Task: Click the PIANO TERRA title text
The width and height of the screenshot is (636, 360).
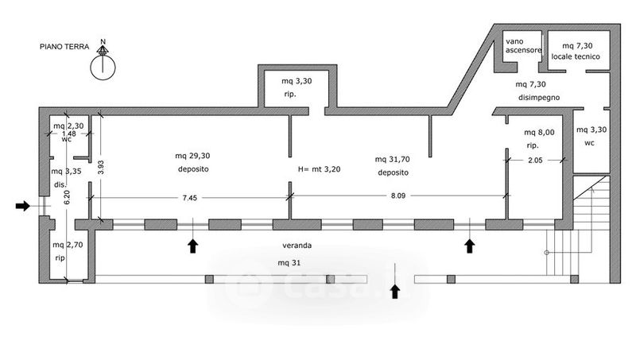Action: click(x=64, y=47)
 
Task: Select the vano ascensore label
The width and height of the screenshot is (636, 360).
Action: click(x=523, y=46)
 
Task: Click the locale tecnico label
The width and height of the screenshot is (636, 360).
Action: click(x=576, y=56)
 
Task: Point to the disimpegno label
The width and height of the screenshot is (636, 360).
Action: click(x=539, y=98)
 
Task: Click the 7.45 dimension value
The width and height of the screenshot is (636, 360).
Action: click(x=190, y=198)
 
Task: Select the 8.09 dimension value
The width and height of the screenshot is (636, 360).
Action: click(x=398, y=195)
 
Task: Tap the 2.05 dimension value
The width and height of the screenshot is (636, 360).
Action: click(x=535, y=161)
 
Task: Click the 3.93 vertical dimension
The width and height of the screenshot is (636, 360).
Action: click(x=101, y=167)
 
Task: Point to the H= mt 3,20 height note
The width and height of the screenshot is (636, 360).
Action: click(x=320, y=169)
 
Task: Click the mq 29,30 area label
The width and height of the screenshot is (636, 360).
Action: click(x=192, y=156)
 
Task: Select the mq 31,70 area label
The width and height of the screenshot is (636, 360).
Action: click(x=392, y=159)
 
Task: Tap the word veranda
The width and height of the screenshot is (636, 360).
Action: click(x=297, y=246)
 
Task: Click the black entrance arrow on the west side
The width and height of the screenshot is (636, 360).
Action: click(x=23, y=206)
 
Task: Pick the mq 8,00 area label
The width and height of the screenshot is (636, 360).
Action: click(x=539, y=132)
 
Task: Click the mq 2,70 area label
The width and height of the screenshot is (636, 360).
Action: click(x=68, y=245)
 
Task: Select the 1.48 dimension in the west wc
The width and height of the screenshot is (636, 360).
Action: click(x=69, y=134)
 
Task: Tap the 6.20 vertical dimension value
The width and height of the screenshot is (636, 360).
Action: click(x=67, y=197)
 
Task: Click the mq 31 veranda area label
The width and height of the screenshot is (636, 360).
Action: click(x=289, y=263)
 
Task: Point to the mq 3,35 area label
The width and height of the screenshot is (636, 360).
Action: click(x=66, y=171)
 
